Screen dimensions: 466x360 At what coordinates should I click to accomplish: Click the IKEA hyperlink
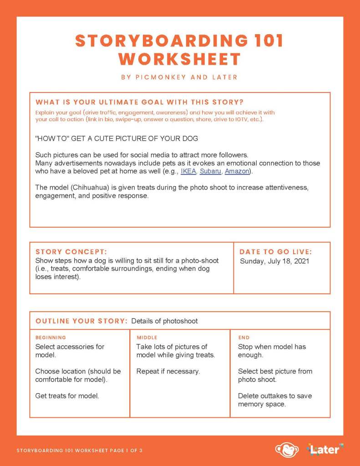tap(188, 171)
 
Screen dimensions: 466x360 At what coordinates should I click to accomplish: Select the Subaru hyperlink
tap(210, 171)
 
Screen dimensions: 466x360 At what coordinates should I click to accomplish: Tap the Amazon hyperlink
tap(237, 171)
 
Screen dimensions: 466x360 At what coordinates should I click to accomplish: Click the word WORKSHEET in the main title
tap(179, 59)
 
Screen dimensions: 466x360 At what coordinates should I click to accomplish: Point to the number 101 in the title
tap(266, 41)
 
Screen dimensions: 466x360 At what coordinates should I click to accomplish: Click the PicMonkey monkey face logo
tap(287, 450)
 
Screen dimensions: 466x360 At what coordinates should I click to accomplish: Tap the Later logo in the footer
tap(325, 450)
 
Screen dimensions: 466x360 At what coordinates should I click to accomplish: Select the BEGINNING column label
tap(51, 338)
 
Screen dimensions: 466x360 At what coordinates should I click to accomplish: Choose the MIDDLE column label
tap(147, 338)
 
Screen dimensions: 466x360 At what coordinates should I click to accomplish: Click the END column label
tap(244, 338)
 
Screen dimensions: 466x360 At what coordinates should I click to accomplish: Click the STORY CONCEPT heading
tap(71, 252)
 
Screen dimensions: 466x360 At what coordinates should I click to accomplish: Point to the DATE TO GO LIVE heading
tap(275, 252)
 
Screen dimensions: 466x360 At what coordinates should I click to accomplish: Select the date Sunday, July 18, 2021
tap(274, 261)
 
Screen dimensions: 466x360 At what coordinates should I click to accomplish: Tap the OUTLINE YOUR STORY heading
tap(81, 321)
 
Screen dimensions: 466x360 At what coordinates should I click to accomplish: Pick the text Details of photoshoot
tap(164, 321)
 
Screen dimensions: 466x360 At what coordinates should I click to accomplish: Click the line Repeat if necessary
tap(168, 371)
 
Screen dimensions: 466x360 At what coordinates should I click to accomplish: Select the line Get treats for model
tap(67, 396)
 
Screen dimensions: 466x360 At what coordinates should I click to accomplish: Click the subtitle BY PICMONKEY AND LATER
tap(179, 77)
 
